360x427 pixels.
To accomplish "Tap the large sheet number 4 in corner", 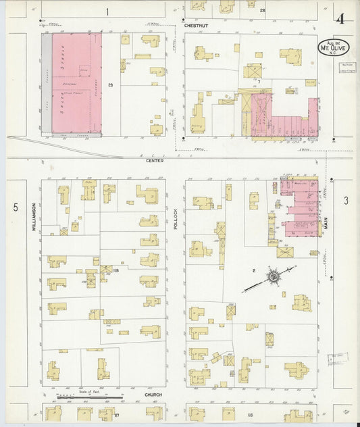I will (x=342, y=18).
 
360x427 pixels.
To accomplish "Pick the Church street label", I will (x=153, y=394).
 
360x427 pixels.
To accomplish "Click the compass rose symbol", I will (x=274, y=276).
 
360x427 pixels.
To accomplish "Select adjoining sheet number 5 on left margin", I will (x=15, y=208).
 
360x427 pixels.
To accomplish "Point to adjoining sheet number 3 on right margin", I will (x=345, y=200).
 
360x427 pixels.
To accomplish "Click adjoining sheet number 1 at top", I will (x=107, y=11).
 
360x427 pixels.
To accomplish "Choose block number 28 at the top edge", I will (x=262, y=11).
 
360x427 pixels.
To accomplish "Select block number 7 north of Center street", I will (x=258, y=81).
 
